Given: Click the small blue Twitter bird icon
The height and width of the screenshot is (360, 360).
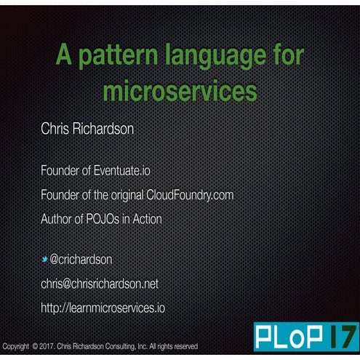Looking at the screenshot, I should [x=44, y=259].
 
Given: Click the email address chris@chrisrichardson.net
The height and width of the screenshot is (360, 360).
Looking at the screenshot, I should [x=99, y=283].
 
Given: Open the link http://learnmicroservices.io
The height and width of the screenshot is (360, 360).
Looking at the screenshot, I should [x=103, y=307].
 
